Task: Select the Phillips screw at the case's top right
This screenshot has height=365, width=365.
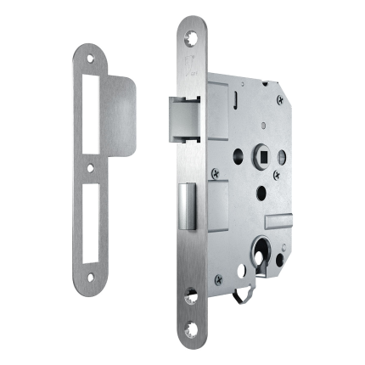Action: (279, 99)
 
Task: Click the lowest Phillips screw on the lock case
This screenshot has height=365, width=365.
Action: (220, 275)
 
